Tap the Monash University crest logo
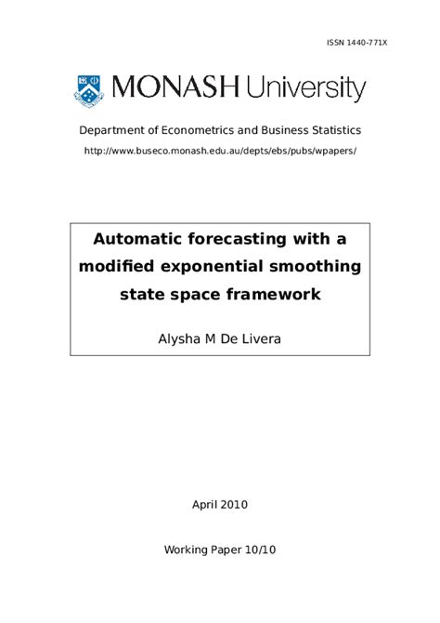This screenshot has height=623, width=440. point(90,90)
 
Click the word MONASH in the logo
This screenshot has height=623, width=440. point(173,90)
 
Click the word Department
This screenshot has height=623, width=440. point(111,131)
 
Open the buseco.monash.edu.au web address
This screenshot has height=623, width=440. point(220,150)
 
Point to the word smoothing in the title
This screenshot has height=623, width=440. point(314,268)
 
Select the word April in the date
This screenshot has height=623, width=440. point(203,505)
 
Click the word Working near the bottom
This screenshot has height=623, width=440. point(189,550)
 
